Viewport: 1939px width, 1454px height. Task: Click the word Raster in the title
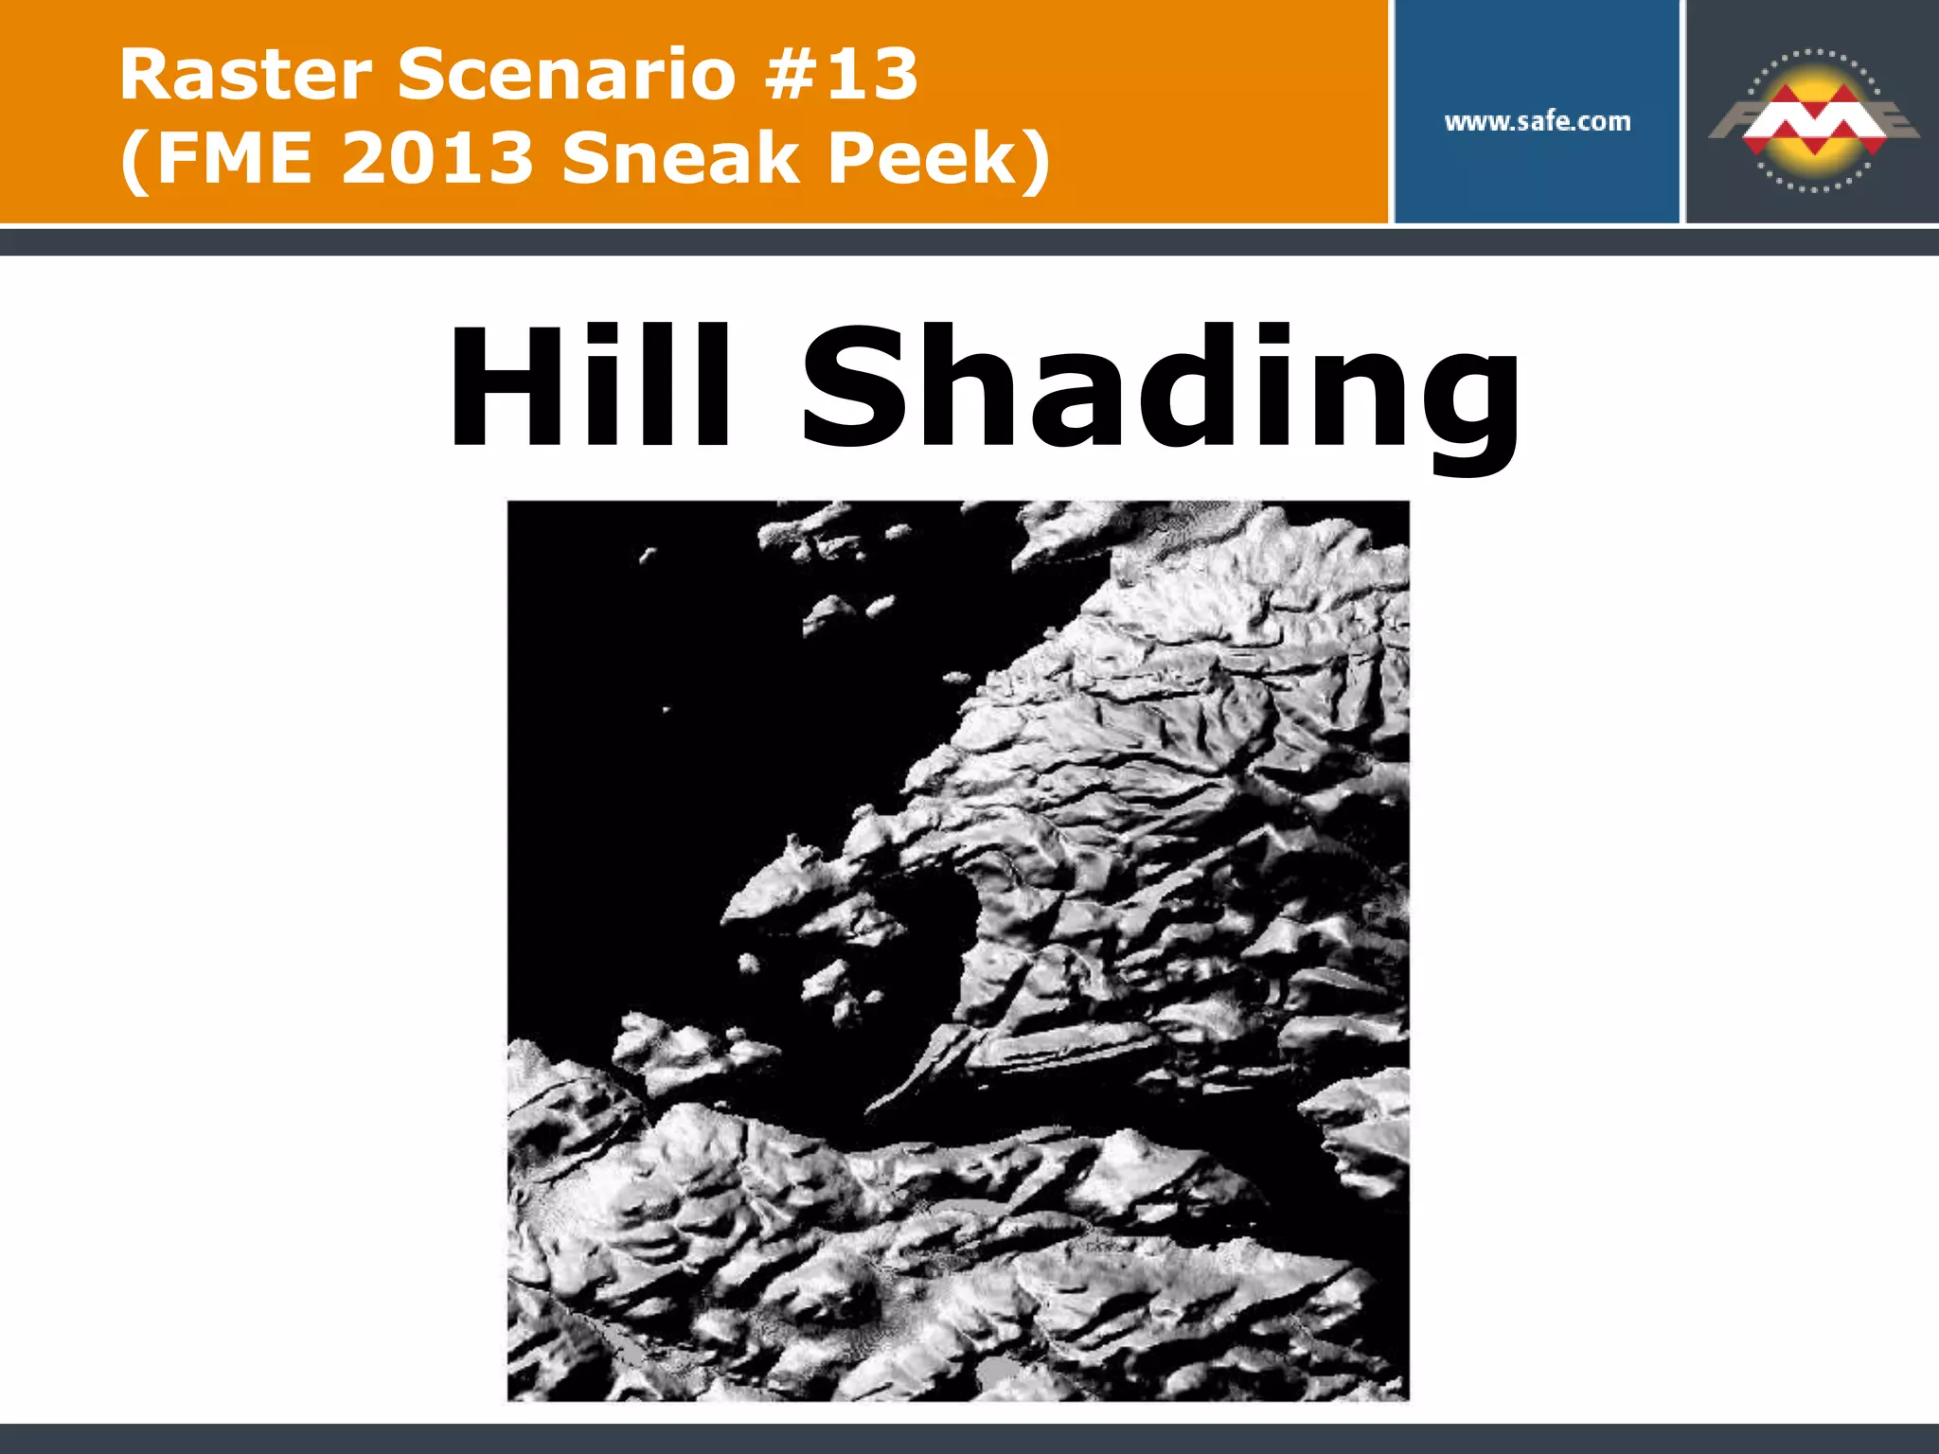click(245, 75)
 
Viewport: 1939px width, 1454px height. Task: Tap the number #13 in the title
click(841, 75)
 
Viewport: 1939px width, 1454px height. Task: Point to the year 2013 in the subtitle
click(437, 157)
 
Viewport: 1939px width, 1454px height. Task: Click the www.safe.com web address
click(1538, 121)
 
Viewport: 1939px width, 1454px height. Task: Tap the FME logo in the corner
click(1812, 119)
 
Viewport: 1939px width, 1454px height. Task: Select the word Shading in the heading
click(1161, 388)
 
